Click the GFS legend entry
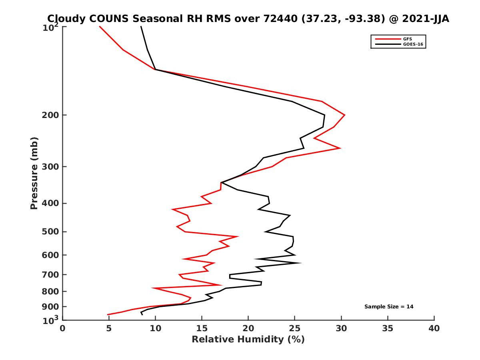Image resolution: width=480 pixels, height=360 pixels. [408, 39]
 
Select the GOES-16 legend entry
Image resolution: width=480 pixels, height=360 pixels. [412, 44]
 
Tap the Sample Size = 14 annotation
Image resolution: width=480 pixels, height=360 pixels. [388, 307]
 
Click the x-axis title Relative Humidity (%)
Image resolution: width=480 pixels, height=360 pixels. [248, 340]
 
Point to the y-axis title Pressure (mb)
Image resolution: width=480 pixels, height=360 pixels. [34, 173]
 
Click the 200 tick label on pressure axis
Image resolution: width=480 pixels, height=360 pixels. [51, 115]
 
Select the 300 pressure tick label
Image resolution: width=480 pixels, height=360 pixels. [51, 167]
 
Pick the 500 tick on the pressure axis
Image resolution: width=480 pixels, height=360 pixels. [51, 232]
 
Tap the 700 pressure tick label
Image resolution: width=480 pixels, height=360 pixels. [51, 275]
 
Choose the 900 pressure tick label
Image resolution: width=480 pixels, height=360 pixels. [51, 307]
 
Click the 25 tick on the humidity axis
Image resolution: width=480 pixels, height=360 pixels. [294, 329]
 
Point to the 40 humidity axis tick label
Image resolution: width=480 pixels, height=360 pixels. [434, 329]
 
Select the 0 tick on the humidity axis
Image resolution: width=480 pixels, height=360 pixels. [63, 329]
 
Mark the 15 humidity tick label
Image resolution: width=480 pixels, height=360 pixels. [202, 329]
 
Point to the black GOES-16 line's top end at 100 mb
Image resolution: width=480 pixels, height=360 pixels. [141, 27]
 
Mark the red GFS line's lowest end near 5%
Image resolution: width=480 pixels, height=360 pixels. [108, 315]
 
